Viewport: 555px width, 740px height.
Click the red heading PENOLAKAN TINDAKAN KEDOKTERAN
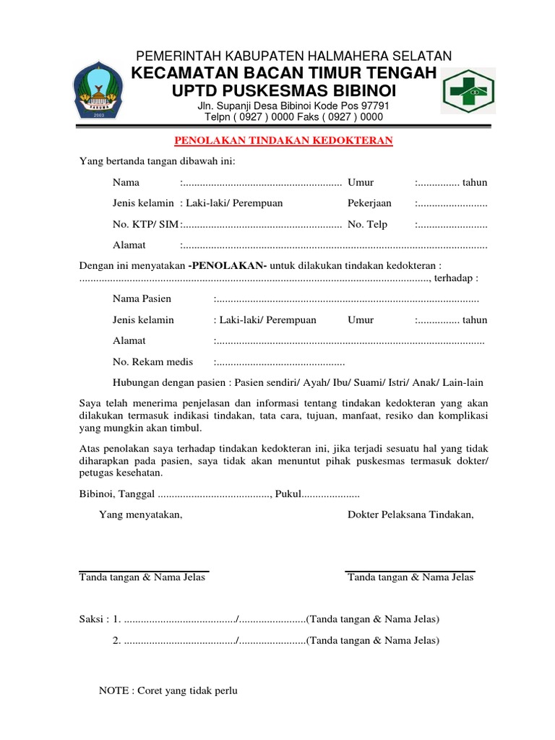tap(285, 141)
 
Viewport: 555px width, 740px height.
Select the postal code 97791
tap(374, 106)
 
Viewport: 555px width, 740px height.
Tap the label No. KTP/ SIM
tap(145, 224)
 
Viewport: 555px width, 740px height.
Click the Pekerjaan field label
tap(369, 203)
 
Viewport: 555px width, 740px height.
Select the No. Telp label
tap(368, 224)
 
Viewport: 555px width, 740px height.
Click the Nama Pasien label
tap(142, 299)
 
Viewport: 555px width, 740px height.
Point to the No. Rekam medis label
tap(153, 361)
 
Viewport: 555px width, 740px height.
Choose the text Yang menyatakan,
tap(141, 515)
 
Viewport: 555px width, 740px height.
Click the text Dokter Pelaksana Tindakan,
tap(410, 515)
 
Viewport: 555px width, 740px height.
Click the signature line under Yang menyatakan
tap(143, 569)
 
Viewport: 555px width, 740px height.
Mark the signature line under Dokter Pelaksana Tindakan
tap(410, 569)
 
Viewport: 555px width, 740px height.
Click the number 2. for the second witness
tap(117, 640)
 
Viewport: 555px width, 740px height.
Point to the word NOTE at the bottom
tap(113, 691)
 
